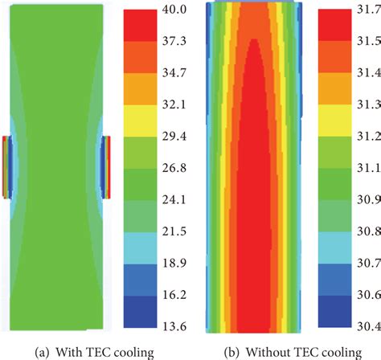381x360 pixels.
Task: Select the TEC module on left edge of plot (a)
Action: pos(6,166)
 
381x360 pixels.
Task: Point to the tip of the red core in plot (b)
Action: pos(254,40)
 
